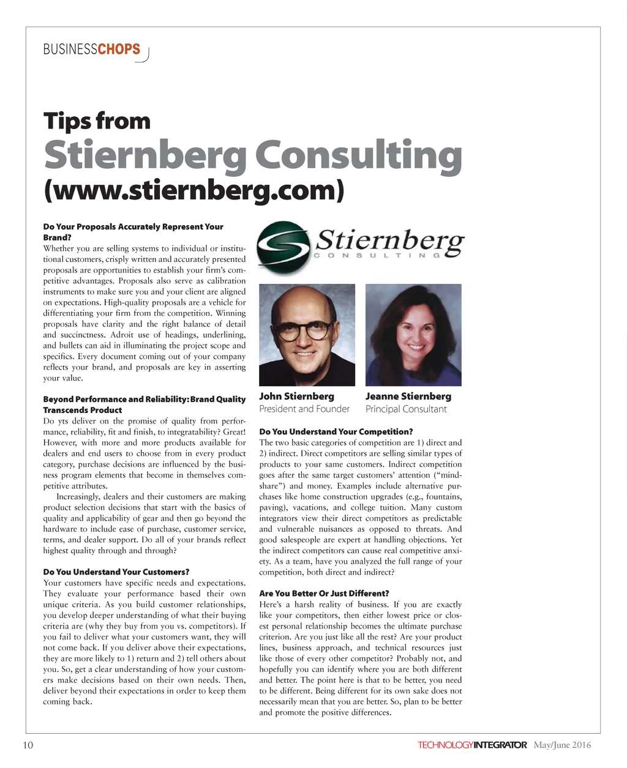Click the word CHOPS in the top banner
[x=119, y=49]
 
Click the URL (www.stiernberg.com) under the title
[x=194, y=190]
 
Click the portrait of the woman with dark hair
[x=413, y=334]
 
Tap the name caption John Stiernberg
[x=296, y=397]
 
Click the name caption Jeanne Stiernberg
[x=408, y=397]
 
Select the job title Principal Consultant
[x=406, y=409]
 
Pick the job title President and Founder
[x=304, y=409]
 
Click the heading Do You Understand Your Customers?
[x=116, y=572]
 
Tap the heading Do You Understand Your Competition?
[x=336, y=431]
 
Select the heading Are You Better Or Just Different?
[x=324, y=594]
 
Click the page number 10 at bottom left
[x=28, y=745]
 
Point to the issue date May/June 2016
[x=562, y=745]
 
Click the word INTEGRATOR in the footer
[x=500, y=745]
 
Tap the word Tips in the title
[x=67, y=121]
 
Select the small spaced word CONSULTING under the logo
[x=377, y=255]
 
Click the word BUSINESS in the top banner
[x=70, y=49]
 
